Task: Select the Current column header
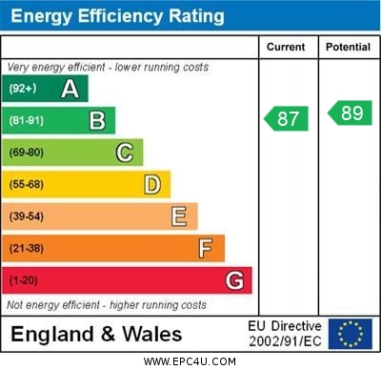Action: coord(286,47)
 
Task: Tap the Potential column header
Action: coord(348,47)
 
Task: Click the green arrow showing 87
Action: coord(287,119)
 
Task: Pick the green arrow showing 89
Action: coord(351,113)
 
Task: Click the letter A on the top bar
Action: coord(70,89)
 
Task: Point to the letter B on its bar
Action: coord(97,120)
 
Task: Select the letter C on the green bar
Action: coord(125,153)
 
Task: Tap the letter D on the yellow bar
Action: coord(152,184)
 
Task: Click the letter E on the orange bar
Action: coord(179,216)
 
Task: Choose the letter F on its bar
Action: coord(206,249)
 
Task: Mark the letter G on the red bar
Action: coord(234,280)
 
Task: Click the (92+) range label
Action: coord(23,89)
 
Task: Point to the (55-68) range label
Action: coord(27,184)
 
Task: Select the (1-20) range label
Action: coord(24,280)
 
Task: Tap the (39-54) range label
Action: coord(27,216)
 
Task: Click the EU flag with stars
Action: coord(351,334)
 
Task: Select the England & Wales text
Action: coord(96,334)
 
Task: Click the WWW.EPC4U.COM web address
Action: coord(190,361)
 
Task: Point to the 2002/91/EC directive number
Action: coord(286,341)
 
